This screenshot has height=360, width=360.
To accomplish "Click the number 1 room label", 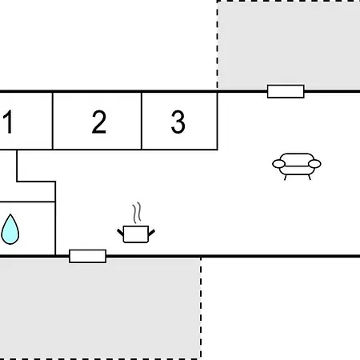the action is pos(8,122).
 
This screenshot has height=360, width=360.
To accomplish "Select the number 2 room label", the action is pos(99,122).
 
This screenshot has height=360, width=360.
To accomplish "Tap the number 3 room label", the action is pos(178,122).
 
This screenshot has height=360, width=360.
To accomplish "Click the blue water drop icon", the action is pos(10,229).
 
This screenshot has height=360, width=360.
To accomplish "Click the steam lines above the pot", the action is pos(137,213).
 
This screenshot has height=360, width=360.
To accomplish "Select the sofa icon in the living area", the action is pos(297,166).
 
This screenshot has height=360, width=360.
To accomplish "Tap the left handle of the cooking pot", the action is pos(121,233).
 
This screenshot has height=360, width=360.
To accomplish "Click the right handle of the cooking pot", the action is pos(151,233).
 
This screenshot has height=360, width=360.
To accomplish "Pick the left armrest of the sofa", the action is pos(278,164).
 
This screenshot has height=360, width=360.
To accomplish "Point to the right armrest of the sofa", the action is pos(314,164).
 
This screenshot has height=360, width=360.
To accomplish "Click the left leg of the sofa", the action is pos(286,178).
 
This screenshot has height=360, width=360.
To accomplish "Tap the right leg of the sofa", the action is pos(310,178).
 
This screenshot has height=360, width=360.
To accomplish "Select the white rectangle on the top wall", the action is pos(286,91).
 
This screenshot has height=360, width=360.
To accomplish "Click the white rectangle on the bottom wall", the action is pos(87,256).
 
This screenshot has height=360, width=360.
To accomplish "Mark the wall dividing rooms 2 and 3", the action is pos(142,121).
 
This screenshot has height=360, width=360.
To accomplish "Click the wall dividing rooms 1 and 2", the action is pos(53,121).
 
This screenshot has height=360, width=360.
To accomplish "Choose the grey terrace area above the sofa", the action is pos(289,45).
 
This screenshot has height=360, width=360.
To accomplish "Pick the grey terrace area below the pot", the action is pos(100,308).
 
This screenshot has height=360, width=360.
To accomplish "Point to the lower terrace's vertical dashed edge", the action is pos(201,308).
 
